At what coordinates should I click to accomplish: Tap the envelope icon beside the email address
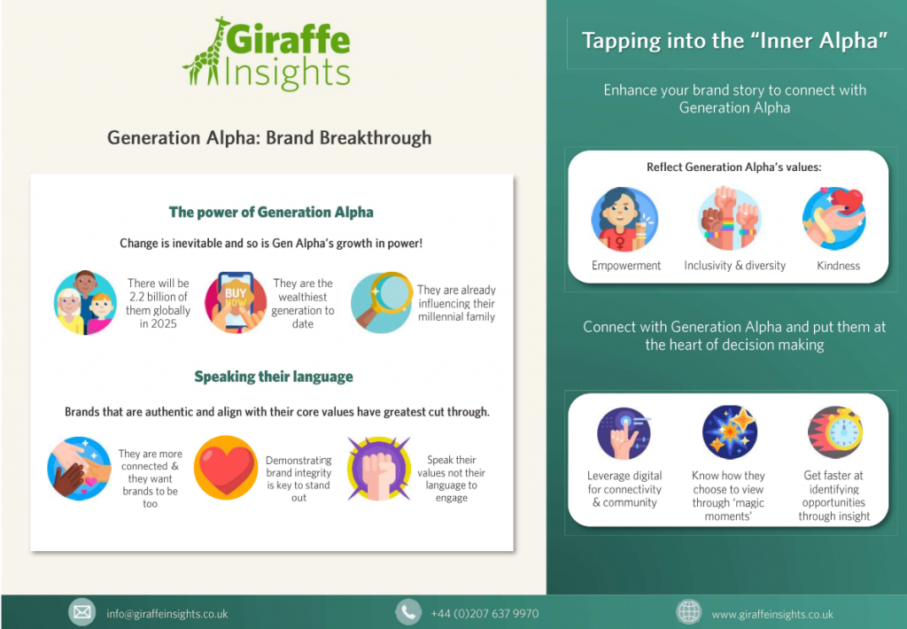(82, 612)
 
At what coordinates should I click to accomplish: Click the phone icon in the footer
(408, 612)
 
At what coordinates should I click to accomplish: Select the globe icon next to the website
(689, 612)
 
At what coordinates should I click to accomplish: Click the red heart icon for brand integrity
(226, 468)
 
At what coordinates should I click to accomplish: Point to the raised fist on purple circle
(378, 469)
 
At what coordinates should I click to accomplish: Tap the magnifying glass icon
(382, 302)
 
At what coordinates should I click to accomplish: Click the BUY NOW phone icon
(236, 302)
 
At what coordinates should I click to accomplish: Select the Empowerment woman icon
(624, 220)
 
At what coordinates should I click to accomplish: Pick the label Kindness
(838, 266)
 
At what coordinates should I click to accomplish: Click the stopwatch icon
(834, 431)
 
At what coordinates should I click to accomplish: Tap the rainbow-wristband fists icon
(730, 219)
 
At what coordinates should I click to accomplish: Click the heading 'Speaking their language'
(274, 377)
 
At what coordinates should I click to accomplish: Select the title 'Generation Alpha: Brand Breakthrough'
(269, 137)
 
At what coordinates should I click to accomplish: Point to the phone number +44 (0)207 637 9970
(485, 613)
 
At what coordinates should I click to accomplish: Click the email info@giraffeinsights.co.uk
(167, 613)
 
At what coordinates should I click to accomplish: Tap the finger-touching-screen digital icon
(624, 433)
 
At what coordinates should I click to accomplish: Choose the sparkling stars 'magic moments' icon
(730, 431)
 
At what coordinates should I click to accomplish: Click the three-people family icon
(85, 302)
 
